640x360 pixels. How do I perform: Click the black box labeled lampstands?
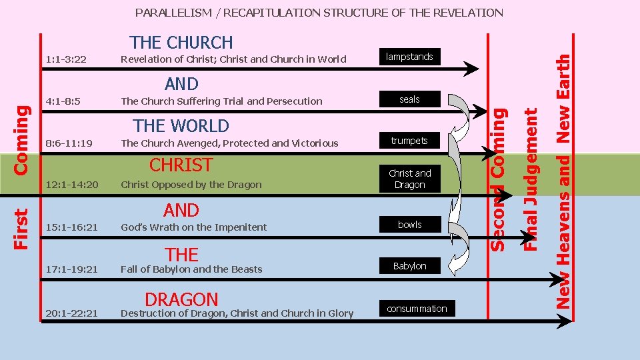(409, 57)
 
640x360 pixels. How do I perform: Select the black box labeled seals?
(409, 99)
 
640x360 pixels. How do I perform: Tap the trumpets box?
(409, 141)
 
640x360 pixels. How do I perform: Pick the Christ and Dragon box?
(409, 179)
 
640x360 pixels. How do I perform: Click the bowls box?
(409, 225)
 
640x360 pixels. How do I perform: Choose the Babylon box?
(409, 266)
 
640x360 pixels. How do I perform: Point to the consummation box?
(417, 309)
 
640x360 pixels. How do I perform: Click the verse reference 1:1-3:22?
(66, 59)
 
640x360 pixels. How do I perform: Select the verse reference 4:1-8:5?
(64, 101)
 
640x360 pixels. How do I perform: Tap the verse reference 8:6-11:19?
(69, 143)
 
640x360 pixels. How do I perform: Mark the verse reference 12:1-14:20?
(72, 185)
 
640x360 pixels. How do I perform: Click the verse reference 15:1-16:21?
(72, 227)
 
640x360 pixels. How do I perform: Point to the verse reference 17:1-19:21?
(72, 269)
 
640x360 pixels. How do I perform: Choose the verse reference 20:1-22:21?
(72, 313)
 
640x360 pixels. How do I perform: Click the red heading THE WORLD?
(181, 126)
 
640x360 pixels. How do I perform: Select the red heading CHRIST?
(181, 165)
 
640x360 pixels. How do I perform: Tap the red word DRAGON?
(181, 300)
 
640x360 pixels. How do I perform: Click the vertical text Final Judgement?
(530, 180)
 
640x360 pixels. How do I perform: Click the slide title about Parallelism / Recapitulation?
(319, 13)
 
